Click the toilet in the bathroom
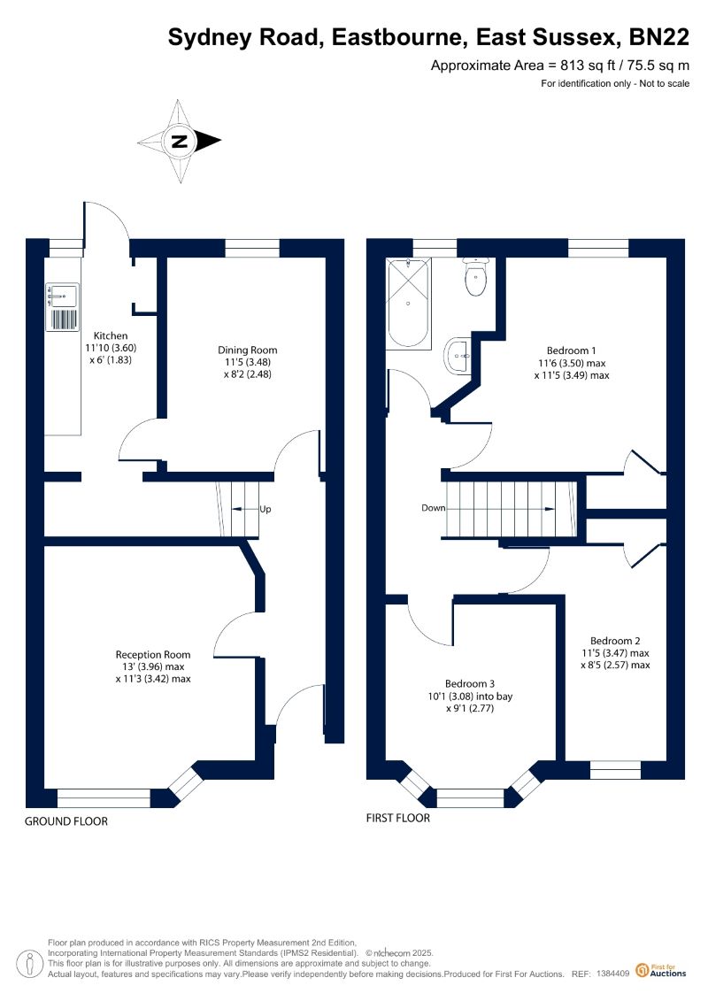476,277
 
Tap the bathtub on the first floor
409,303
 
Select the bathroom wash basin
458,354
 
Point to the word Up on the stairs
265,510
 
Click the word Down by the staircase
434,508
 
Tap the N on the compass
180,141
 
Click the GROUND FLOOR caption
66,821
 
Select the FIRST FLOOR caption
397,818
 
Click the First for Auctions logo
661,971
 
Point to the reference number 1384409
613,974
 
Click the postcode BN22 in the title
659,38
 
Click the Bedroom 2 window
615,771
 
